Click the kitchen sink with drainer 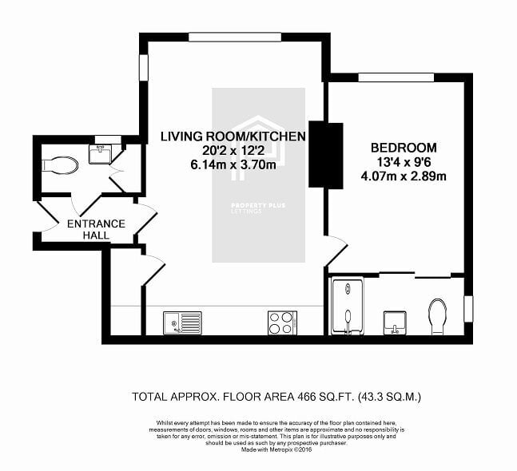click(x=182, y=323)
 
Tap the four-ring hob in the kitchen click(x=282, y=323)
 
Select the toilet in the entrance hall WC click(x=60, y=165)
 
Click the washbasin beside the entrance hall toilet click(x=100, y=155)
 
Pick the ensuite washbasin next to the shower click(x=395, y=323)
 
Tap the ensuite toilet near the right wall click(x=438, y=317)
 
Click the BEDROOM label click(x=404, y=148)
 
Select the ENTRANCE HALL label click(x=96, y=229)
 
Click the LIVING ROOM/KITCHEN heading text click(x=233, y=137)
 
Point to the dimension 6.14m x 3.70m click(x=233, y=164)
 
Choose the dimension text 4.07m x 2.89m click(x=404, y=176)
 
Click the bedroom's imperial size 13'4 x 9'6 click(x=404, y=162)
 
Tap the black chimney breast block click(x=326, y=155)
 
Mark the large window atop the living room click(x=235, y=37)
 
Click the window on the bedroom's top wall click(x=396, y=77)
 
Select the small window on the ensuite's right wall click(x=468, y=309)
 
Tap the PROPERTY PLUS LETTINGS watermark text click(x=258, y=208)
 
